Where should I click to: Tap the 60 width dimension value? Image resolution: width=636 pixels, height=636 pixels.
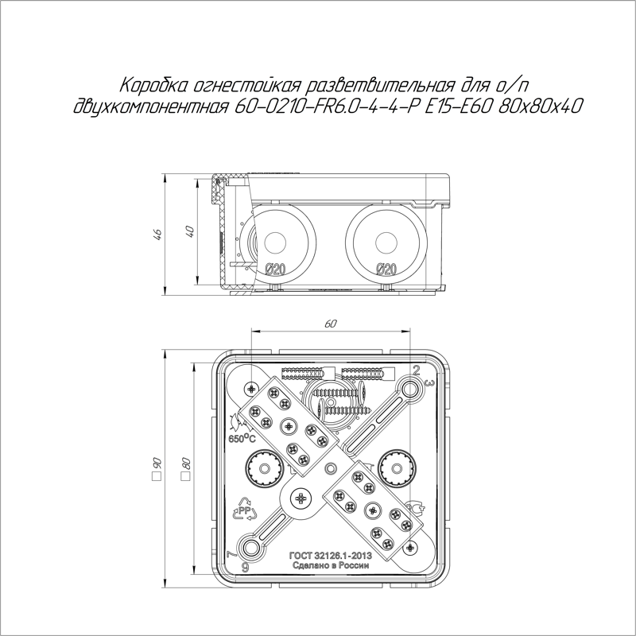[331, 324]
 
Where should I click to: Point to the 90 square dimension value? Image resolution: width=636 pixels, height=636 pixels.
[157, 463]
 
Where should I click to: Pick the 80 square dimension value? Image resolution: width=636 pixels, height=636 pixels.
[185, 463]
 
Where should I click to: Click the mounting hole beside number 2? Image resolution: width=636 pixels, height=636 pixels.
[410, 388]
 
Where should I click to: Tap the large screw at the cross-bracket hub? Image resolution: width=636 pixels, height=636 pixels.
[303, 500]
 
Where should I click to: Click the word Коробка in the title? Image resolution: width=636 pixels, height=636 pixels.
[151, 86]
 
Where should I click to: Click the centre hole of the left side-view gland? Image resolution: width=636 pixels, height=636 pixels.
[275, 241]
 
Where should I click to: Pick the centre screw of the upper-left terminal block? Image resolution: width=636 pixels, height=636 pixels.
[284, 422]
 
